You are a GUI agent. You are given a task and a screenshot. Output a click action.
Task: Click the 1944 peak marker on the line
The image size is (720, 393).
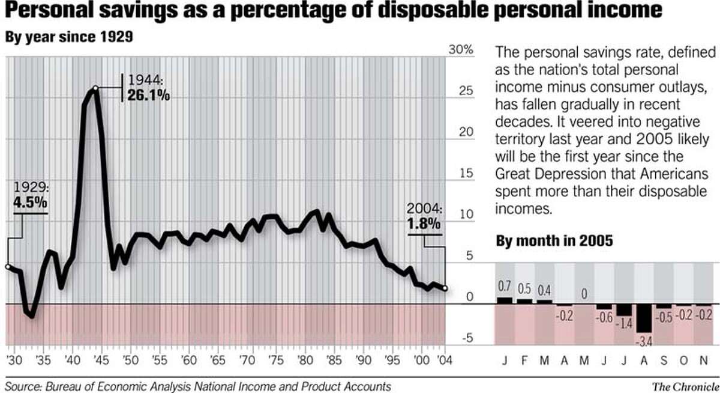(95, 88)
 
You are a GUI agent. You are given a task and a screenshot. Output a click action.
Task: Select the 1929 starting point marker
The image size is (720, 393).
(7, 267)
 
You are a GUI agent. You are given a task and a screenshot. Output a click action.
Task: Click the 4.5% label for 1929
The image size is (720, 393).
(30, 204)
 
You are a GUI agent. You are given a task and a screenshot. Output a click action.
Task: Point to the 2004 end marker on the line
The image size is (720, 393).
(445, 288)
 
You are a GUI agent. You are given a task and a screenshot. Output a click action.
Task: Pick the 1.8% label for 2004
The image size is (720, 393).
(425, 224)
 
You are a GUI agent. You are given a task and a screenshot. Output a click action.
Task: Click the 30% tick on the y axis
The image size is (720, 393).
(462, 49)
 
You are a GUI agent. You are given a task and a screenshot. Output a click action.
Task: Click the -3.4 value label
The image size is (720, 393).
(644, 341)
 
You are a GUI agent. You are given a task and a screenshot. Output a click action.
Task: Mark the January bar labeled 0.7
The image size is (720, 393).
(505, 300)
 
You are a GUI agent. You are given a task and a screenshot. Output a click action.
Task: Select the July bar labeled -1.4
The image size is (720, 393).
(624, 309)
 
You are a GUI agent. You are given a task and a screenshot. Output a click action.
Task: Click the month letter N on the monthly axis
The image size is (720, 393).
(703, 363)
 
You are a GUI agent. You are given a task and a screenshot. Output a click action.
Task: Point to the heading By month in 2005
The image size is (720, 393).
(554, 242)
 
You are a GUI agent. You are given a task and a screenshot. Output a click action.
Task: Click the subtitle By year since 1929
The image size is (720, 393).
(68, 37)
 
